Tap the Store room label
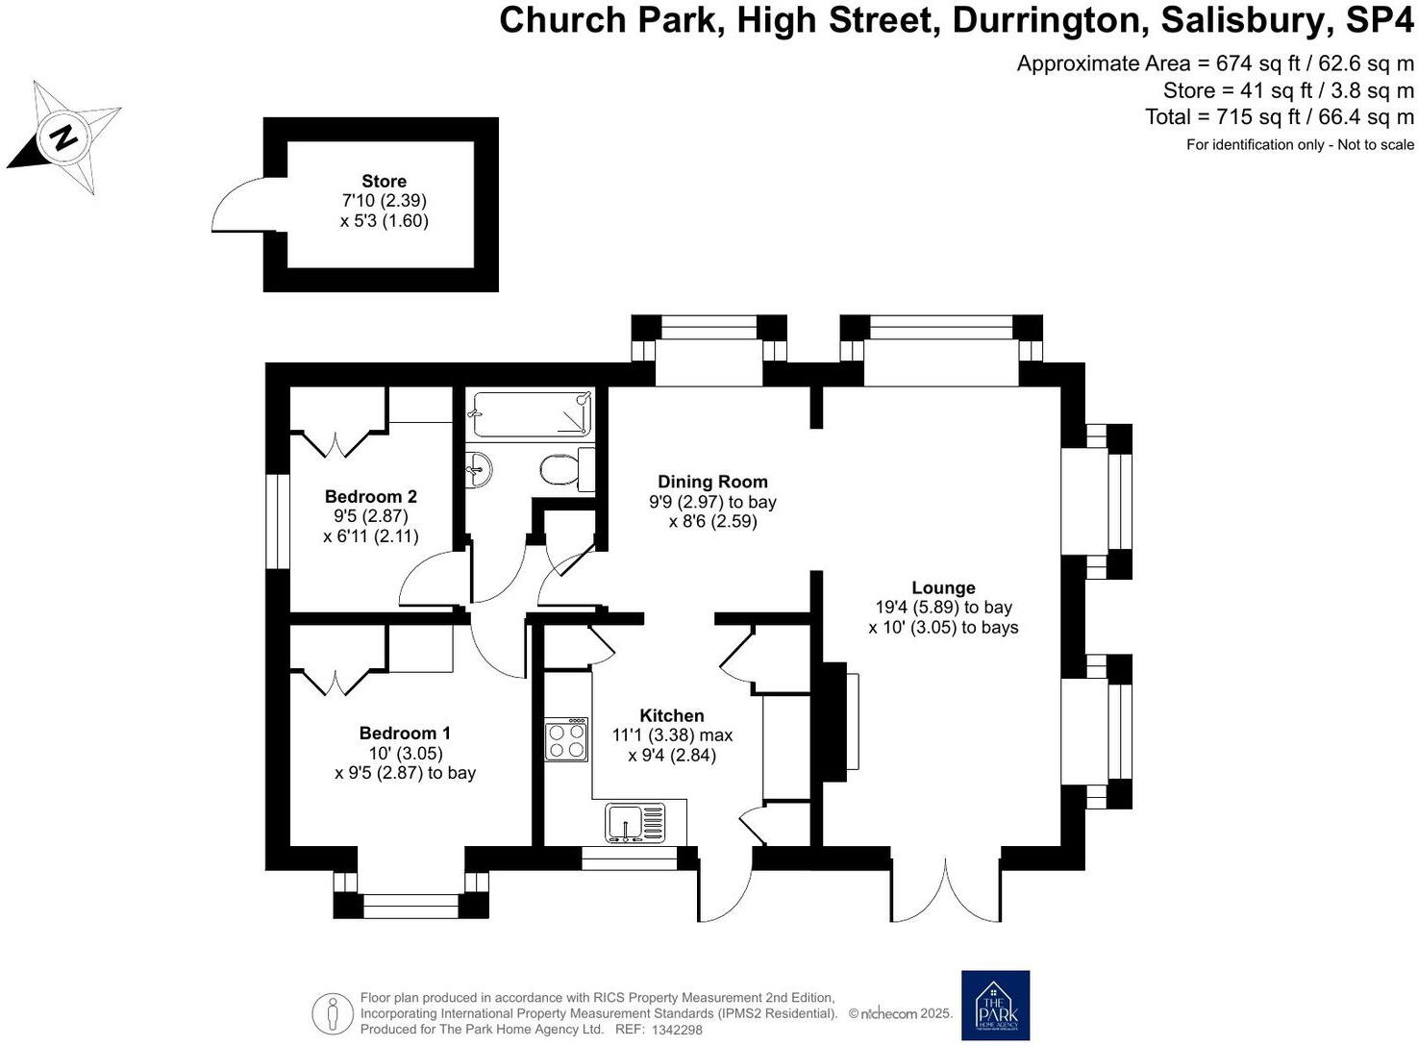[x=384, y=182]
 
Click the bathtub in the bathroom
[x=531, y=414]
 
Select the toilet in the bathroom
[x=561, y=470]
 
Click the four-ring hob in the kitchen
[x=566, y=740]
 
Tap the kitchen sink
[x=634, y=824]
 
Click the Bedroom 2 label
[x=370, y=497]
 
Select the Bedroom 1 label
[x=405, y=734]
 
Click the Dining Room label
[x=712, y=482]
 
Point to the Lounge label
[x=943, y=587]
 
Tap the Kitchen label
[x=672, y=715]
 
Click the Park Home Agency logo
[x=995, y=1005]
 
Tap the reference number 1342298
[x=678, y=1030]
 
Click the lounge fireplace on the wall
[x=836, y=721]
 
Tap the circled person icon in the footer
[x=333, y=1013]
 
